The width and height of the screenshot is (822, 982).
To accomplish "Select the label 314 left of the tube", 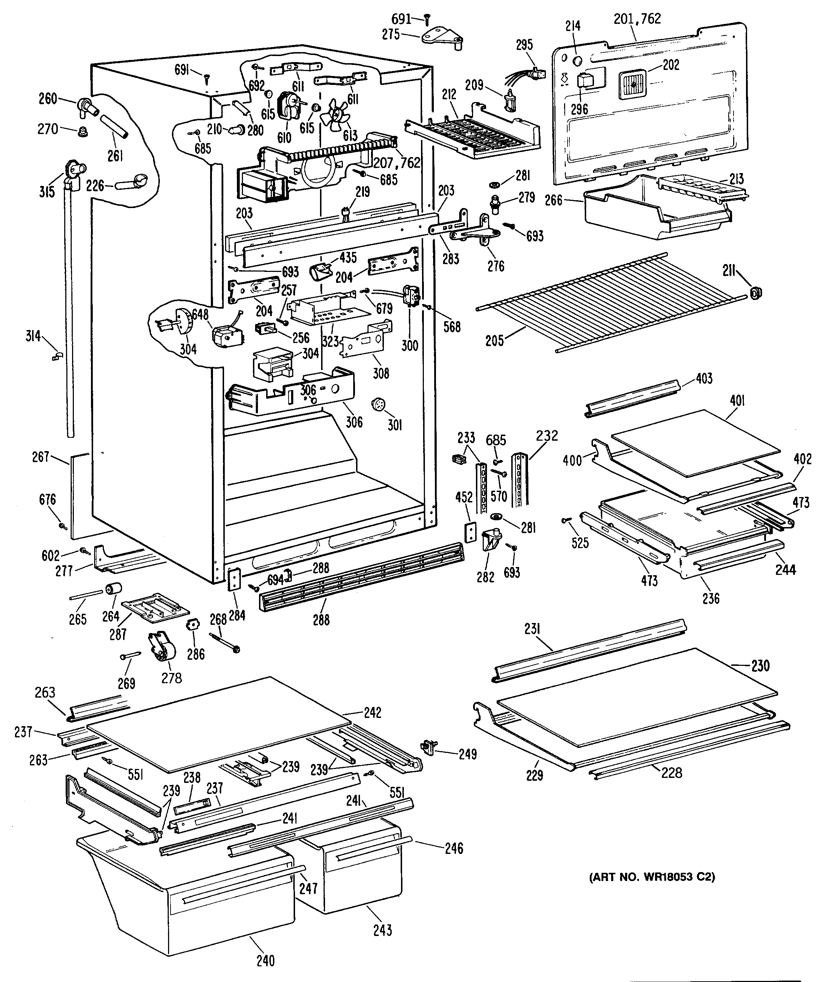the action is [x=33, y=336].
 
